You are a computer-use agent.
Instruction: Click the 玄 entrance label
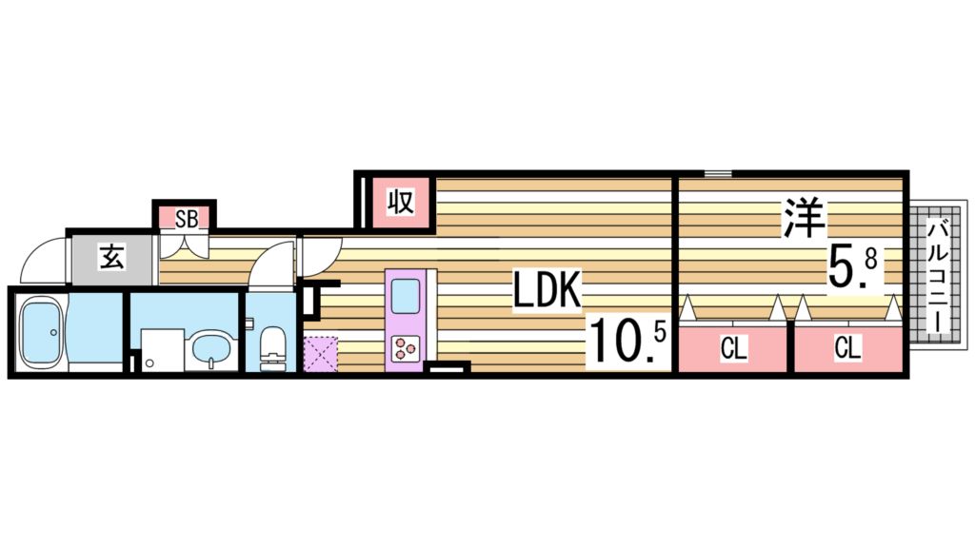click(111, 258)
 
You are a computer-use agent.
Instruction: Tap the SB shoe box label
click(186, 219)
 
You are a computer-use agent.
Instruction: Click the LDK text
click(547, 293)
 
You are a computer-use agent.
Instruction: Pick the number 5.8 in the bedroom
click(850, 265)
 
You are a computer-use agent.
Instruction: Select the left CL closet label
click(732, 349)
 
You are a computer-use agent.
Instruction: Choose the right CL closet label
click(846, 349)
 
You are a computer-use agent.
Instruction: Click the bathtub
click(40, 329)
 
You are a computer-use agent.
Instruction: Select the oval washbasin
click(210, 350)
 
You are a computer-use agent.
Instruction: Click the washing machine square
click(163, 349)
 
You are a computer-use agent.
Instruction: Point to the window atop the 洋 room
click(718, 173)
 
